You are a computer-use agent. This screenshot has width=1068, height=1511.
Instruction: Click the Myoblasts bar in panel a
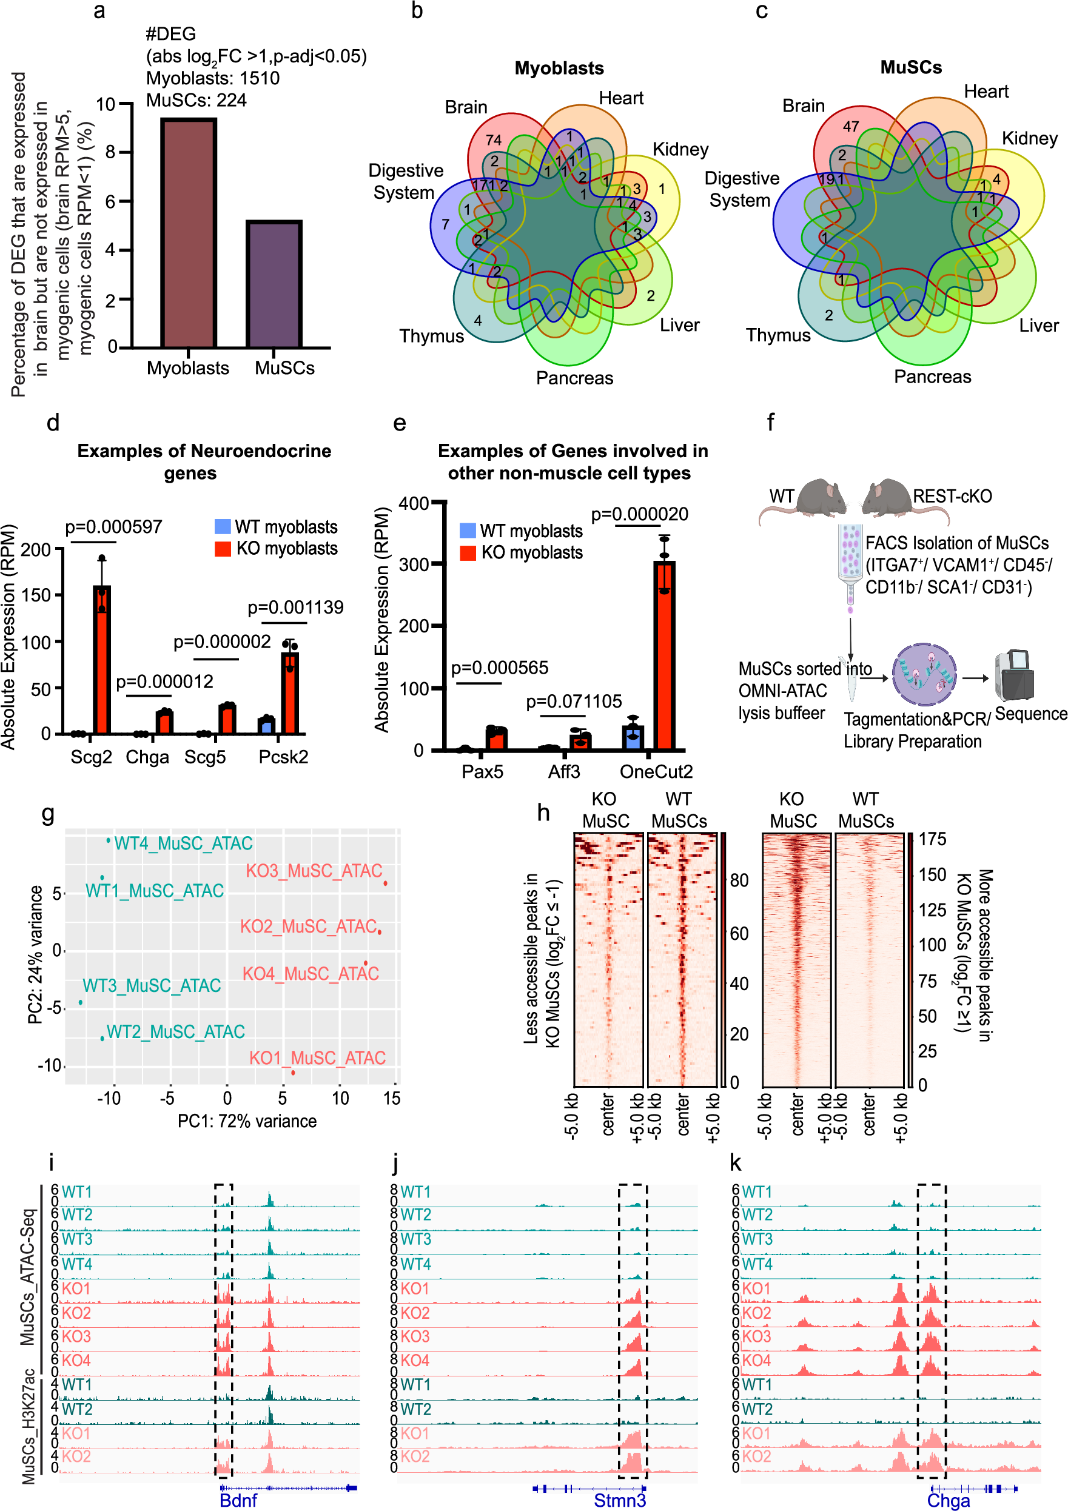pos(189,233)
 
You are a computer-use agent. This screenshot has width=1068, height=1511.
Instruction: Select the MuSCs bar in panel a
pos(274,284)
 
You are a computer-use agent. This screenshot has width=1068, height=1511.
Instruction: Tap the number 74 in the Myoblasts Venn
pos(493,140)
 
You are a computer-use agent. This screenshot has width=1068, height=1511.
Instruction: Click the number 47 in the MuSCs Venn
pos(851,126)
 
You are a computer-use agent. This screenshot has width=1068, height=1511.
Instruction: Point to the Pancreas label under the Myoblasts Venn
pos(574,378)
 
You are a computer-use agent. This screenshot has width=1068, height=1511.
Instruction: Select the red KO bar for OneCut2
pos(664,655)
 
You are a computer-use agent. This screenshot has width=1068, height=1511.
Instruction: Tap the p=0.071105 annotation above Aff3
pos(574,702)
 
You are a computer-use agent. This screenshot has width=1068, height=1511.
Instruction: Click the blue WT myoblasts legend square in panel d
pos(223,526)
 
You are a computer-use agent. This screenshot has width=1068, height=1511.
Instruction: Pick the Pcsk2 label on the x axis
pos(283,757)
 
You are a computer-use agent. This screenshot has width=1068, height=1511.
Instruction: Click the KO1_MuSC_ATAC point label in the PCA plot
pos(317,1057)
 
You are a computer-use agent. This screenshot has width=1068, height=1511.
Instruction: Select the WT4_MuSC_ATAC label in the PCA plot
pos(183,843)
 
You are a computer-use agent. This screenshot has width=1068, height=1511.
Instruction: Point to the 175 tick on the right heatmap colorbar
pos(932,839)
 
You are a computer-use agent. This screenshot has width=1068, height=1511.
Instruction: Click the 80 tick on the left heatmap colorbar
pos(739,880)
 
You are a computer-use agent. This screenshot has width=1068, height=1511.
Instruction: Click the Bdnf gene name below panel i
pos(238,1500)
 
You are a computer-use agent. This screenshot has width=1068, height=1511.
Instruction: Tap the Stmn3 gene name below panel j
pos(620,1500)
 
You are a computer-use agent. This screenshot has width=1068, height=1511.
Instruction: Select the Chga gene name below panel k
pos(948,1500)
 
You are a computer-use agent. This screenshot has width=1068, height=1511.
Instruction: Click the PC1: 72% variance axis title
pos(247,1121)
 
